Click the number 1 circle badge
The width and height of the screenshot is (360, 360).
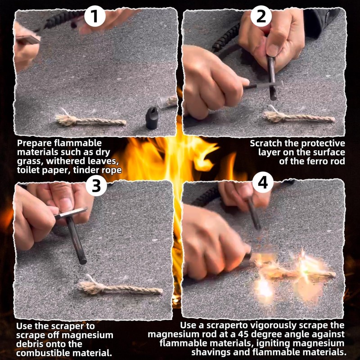coord(95,17)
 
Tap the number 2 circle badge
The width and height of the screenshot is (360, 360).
coord(261,17)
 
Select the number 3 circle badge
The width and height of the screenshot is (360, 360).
coord(96,185)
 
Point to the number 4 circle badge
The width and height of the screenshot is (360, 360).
coord(263,182)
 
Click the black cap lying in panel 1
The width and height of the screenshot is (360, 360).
coord(152,118)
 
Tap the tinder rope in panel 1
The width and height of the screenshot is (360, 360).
coord(90,120)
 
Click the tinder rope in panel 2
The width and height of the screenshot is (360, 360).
coord(298,117)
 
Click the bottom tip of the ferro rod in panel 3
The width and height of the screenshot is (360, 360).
coord(83,262)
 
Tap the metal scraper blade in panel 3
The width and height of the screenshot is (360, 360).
coord(71,213)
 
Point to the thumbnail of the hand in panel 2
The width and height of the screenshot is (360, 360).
coord(273,50)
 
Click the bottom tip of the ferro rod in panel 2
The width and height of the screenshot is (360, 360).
coord(273,98)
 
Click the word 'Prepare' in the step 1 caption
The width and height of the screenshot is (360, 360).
coord(35,144)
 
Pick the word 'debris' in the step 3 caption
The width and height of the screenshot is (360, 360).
coord(29,344)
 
